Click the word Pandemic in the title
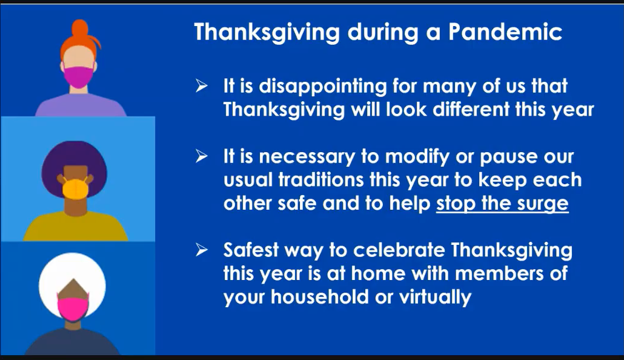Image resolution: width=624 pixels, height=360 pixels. pyautogui.click(x=505, y=32)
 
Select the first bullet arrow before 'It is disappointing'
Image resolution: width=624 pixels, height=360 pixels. pyautogui.click(x=201, y=85)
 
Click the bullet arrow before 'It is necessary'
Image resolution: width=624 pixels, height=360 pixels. pyautogui.click(x=201, y=156)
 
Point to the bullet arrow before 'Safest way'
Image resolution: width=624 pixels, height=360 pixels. pyautogui.click(x=201, y=250)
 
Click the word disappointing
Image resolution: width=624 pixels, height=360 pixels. pyautogui.click(x=323, y=87)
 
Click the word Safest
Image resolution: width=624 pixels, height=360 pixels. pyautogui.click(x=251, y=250)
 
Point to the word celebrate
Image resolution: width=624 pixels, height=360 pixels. pyautogui.click(x=399, y=250)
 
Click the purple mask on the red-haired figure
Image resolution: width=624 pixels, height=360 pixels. pyautogui.click(x=78, y=77)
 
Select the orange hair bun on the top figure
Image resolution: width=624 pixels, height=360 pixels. pyautogui.click(x=80, y=28)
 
